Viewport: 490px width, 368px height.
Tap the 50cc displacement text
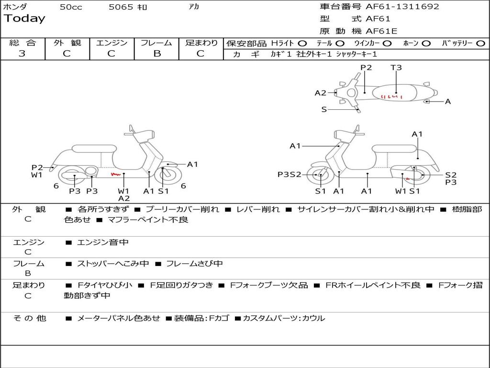71,7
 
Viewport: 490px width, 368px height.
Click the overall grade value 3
22,54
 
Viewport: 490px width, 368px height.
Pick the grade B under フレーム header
156,54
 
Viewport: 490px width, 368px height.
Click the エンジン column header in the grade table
111,43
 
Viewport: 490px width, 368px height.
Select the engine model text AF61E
381,32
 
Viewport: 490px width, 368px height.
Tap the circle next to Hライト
302,43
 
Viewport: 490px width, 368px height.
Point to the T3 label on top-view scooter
396,68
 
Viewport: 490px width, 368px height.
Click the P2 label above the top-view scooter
366,68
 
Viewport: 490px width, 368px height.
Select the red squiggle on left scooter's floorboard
115,174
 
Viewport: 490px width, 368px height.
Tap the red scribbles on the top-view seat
390,96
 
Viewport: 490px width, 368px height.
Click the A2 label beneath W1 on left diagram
124,198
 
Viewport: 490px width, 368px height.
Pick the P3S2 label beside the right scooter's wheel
290,174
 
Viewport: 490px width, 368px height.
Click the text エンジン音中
103,242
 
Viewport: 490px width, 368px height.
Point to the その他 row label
29,318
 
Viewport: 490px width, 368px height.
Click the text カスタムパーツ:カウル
284,318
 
